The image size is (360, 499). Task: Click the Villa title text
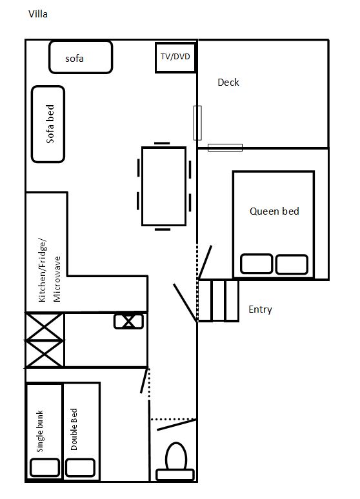(x=38, y=14)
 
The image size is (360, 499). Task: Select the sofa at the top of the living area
(x=81, y=57)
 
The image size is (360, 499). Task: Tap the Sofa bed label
(x=50, y=124)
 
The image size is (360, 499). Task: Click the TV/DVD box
(x=175, y=57)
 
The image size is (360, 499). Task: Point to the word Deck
(x=228, y=83)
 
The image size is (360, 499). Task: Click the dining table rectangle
(x=164, y=186)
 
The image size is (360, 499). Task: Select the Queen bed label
(x=274, y=211)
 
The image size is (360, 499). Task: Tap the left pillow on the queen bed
(x=257, y=264)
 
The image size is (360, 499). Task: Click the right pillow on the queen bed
(x=292, y=264)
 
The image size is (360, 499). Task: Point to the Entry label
(x=260, y=309)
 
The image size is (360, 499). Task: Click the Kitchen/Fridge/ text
(x=43, y=270)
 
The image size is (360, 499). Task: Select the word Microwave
(x=57, y=279)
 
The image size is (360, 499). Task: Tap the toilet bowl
(x=176, y=456)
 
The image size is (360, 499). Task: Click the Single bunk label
(x=39, y=431)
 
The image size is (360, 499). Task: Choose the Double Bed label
(x=74, y=429)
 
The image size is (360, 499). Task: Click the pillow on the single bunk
(x=45, y=467)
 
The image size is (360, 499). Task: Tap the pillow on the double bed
(x=80, y=467)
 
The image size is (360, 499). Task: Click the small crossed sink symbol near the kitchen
(x=128, y=321)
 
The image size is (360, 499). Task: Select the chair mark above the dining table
(x=162, y=143)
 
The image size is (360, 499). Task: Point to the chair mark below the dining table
(x=163, y=229)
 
